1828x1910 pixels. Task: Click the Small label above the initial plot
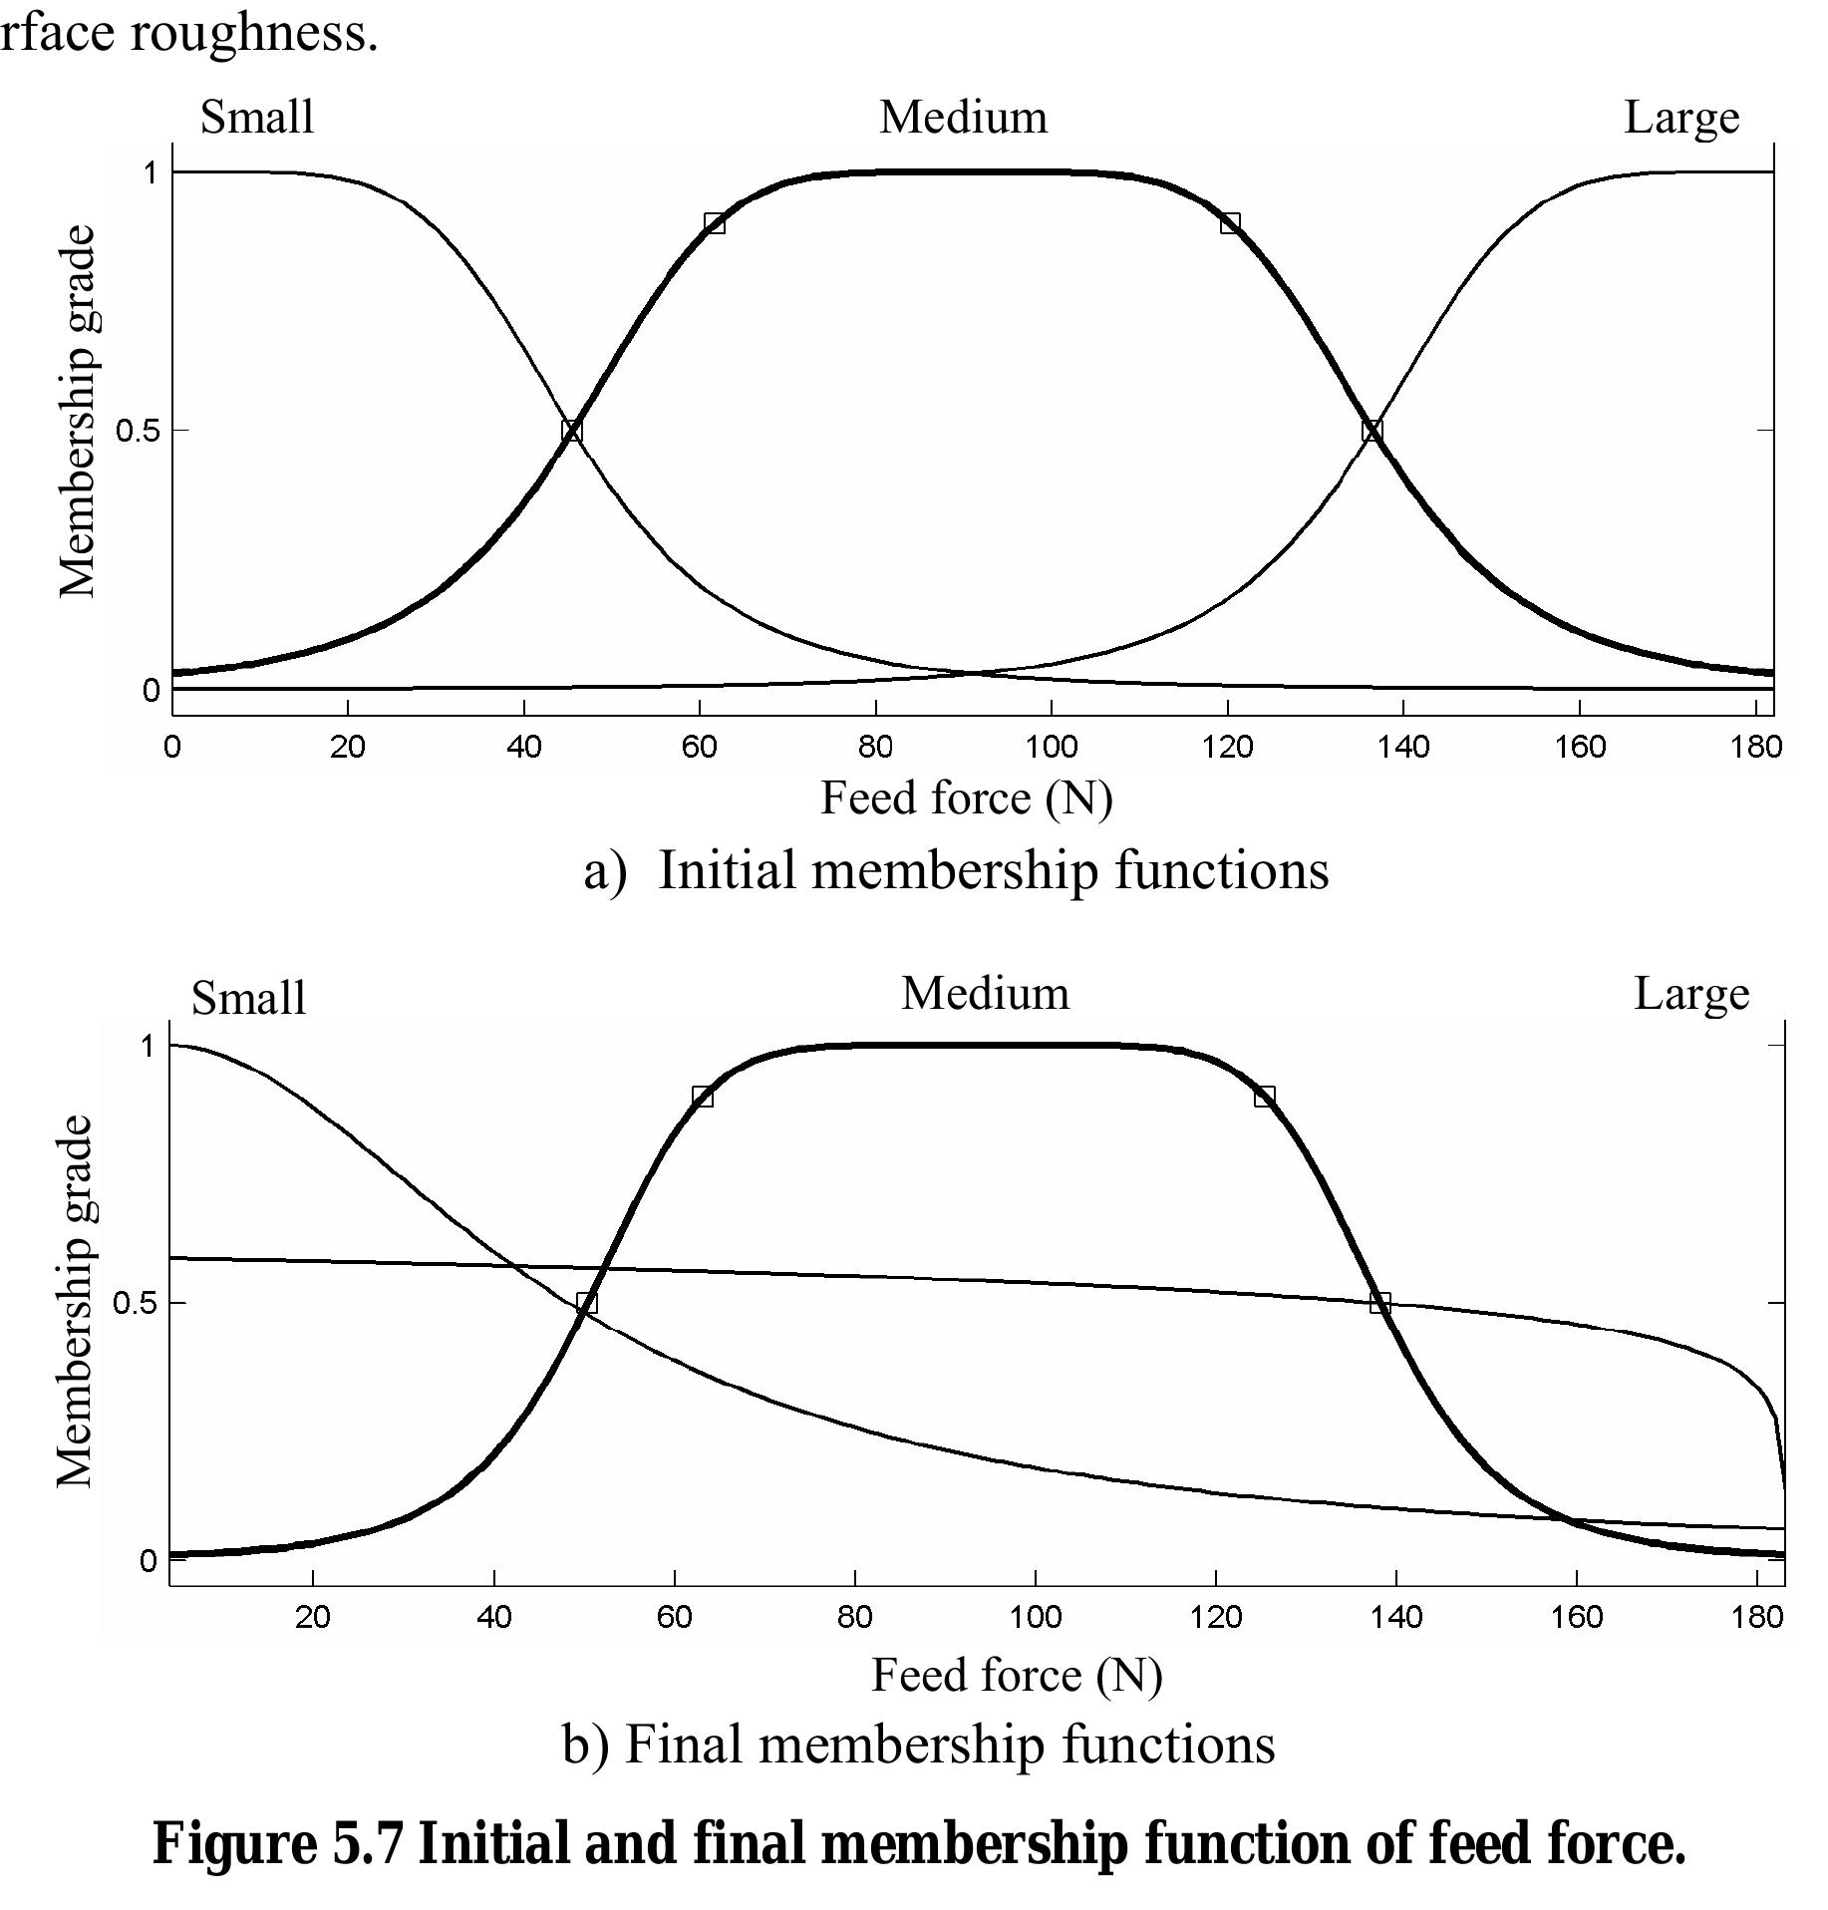tap(257, 118)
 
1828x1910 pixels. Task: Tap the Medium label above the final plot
tap(985, 994)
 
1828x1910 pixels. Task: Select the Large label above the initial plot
tap(1681, 118)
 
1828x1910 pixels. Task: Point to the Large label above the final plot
tap(1691, 994)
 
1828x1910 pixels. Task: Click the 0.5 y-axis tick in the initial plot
tap(138, 431)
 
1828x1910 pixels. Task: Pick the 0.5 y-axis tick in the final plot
tap(136, 1304)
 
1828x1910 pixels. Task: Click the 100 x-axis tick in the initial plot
tap(1052, 747)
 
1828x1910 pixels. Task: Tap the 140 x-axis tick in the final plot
tap(1396, 1617)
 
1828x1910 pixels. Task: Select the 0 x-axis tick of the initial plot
tap(172, 747)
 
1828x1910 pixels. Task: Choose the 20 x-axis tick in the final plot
tap(313, 1617)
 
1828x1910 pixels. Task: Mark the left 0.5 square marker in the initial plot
tap(571, 431)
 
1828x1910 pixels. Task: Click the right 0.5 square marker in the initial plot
tap(1372, 431)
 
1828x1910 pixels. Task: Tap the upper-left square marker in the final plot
tap(703, 1097)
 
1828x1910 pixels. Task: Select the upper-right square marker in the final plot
tap(1265, 1097)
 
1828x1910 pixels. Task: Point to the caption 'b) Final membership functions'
tap(918, 1745)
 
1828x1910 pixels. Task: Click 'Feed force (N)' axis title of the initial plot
tap(966, 798)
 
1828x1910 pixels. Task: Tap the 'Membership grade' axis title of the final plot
tap(76, 1301)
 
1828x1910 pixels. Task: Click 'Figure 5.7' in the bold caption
tap(278, 1843)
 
